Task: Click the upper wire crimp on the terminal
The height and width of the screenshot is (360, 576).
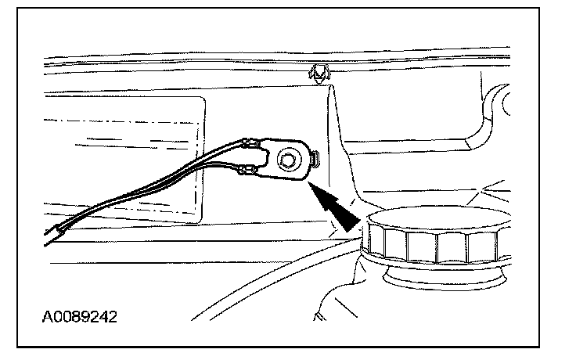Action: pos(253,144)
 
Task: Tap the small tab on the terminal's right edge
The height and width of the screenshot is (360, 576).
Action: pos(314,160)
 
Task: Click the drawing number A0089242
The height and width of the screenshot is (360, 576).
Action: pos(81,319)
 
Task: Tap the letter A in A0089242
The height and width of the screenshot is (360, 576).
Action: pos(48,319)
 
